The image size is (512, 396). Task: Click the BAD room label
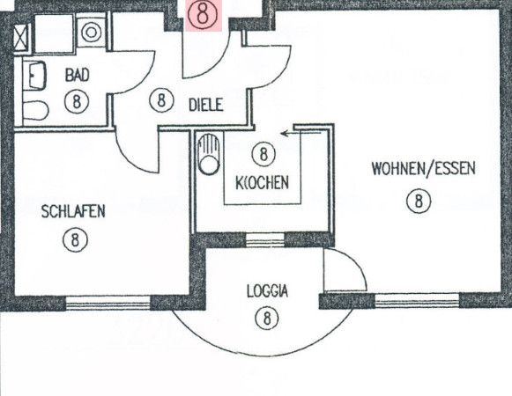click(x=77, y=75)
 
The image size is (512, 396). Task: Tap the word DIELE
click(x=206, y=105)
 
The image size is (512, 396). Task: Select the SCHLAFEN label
click(x=73, y=211)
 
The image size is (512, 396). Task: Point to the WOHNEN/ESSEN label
click(x=424, y=169)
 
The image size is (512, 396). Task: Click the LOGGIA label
click(x=267, y=291)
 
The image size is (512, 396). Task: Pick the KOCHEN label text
click(x=263, y=183)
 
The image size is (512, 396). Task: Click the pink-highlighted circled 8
click(x=203, y=15)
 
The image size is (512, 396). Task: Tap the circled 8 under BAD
click(x=77, y=101)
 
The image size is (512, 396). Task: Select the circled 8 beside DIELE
click(x=161, y=100)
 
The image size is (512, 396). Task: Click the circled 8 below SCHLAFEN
click(x=76, y=240)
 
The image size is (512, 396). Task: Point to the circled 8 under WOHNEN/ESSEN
click(x=419, y=201)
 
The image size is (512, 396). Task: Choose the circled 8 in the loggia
click(x=267, y=318)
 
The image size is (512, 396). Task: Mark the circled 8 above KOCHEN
click(x=263, y=154)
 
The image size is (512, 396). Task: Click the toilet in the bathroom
click(x=35, y=110)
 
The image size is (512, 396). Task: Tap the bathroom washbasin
click(x=34, y=76)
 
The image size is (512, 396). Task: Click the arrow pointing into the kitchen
click(x=301, y=133)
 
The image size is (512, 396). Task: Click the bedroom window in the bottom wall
click(x=108, y=303)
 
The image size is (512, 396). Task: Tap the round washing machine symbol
click(x=91, y=33)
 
